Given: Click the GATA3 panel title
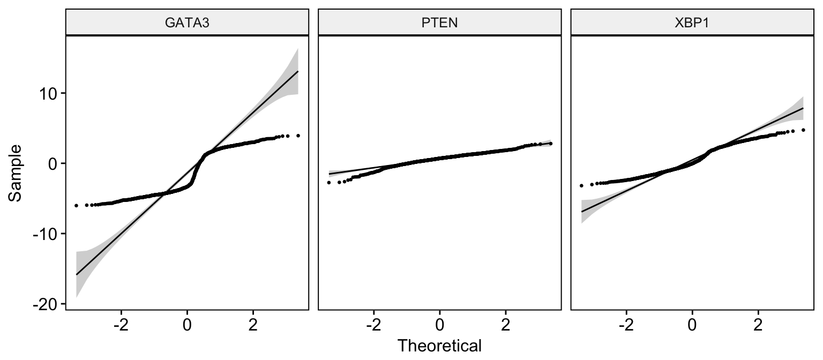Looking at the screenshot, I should (186, 23).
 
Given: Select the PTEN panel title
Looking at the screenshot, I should (439, 23).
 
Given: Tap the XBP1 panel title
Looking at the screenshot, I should (692, 23).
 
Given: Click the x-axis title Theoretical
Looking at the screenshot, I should (439, 346).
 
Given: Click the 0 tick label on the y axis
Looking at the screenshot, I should (53, 163).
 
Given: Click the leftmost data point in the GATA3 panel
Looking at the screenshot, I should (76, 205).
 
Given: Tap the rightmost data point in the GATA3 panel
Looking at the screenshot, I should (298, 136).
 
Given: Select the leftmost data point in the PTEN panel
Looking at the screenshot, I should (328, 183).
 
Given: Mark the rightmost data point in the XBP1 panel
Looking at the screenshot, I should (803, 130).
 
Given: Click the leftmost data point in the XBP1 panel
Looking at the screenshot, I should (581, 185).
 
